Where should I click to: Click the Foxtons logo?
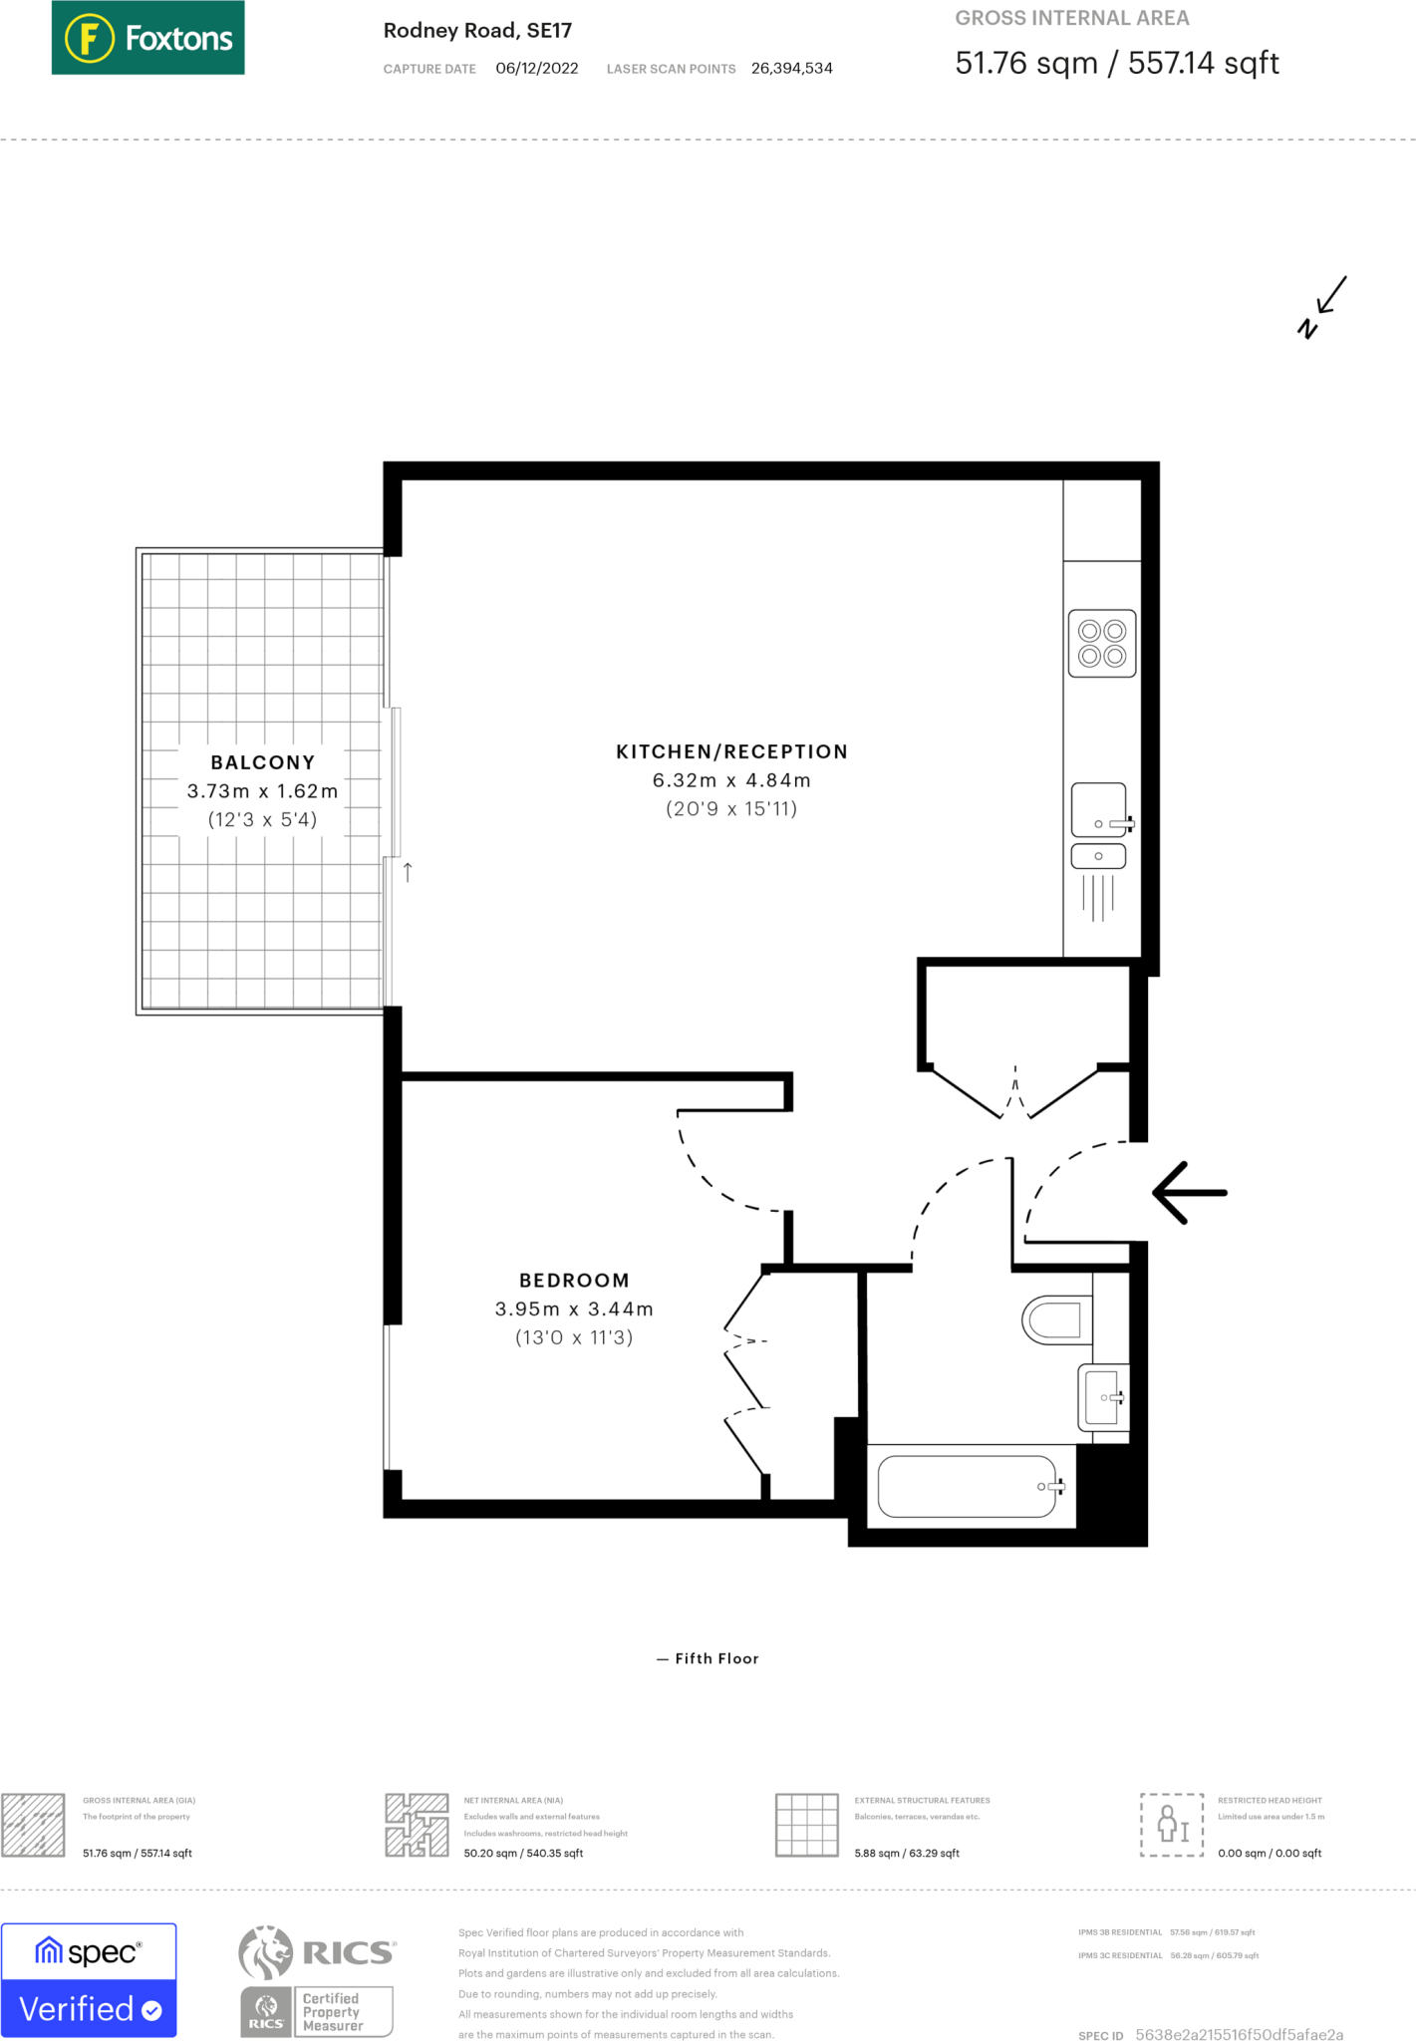[147, 38]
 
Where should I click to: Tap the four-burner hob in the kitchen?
[1102, 644]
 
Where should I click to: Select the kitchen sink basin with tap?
[1099, 810]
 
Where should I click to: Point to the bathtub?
[967, 1487]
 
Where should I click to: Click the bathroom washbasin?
[1103, 1397]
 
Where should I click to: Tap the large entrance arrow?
[1190, 1192]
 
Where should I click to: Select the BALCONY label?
[263, 762]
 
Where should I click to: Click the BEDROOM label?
[574, 1281]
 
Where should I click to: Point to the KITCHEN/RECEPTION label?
[731, 751]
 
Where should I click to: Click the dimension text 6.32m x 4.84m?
[731, 780]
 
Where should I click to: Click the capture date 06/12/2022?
[537, 69]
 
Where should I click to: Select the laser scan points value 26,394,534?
[791, 69]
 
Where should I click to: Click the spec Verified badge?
[89, 1980]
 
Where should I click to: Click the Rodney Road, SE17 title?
[477, 31]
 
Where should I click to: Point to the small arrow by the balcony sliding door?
[408, 872]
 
